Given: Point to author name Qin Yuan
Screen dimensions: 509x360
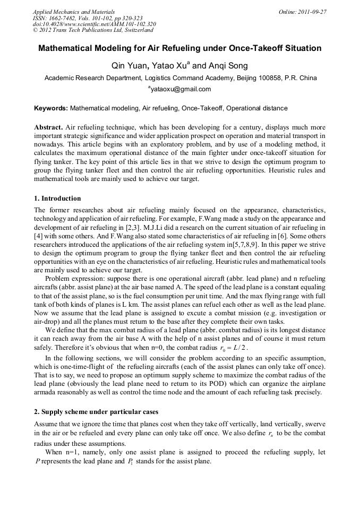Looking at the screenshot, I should [126, 66].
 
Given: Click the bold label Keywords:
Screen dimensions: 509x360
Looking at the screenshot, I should [51, 108].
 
